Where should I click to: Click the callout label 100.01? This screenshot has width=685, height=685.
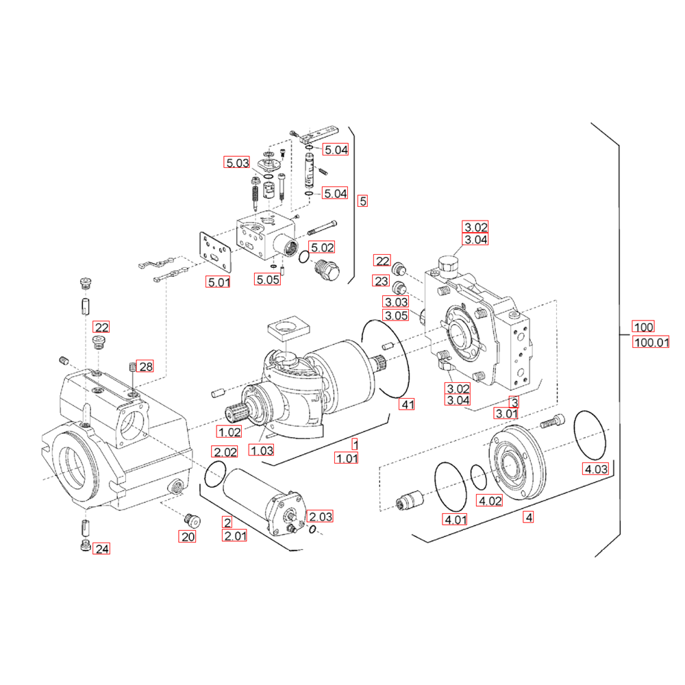(x=651, y=342)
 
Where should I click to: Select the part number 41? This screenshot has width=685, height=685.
(x=407, y=404)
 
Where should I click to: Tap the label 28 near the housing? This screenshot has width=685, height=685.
(x=145, y=366)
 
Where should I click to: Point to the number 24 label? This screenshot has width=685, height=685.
(x=102, y=548)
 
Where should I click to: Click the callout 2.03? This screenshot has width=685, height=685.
(x=320, y=516)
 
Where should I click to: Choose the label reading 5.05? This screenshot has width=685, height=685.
(x=267, y=279)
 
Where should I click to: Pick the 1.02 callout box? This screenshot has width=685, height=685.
(x=229, y=432)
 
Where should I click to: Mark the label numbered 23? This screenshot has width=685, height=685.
(x=382, y=280)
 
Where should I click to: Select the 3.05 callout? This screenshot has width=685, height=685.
(x=396, y=315)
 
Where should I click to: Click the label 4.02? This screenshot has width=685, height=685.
(x=490, y=500)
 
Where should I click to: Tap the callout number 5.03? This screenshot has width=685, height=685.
(x=237, y=162)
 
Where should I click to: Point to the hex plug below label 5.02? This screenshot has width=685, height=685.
(x=327, y=269)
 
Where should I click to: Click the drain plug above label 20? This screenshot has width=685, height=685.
(x=192, y=521)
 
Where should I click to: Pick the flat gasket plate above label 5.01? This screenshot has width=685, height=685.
(x=215, y=252)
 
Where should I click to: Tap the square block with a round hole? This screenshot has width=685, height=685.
(x=288, y=327)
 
